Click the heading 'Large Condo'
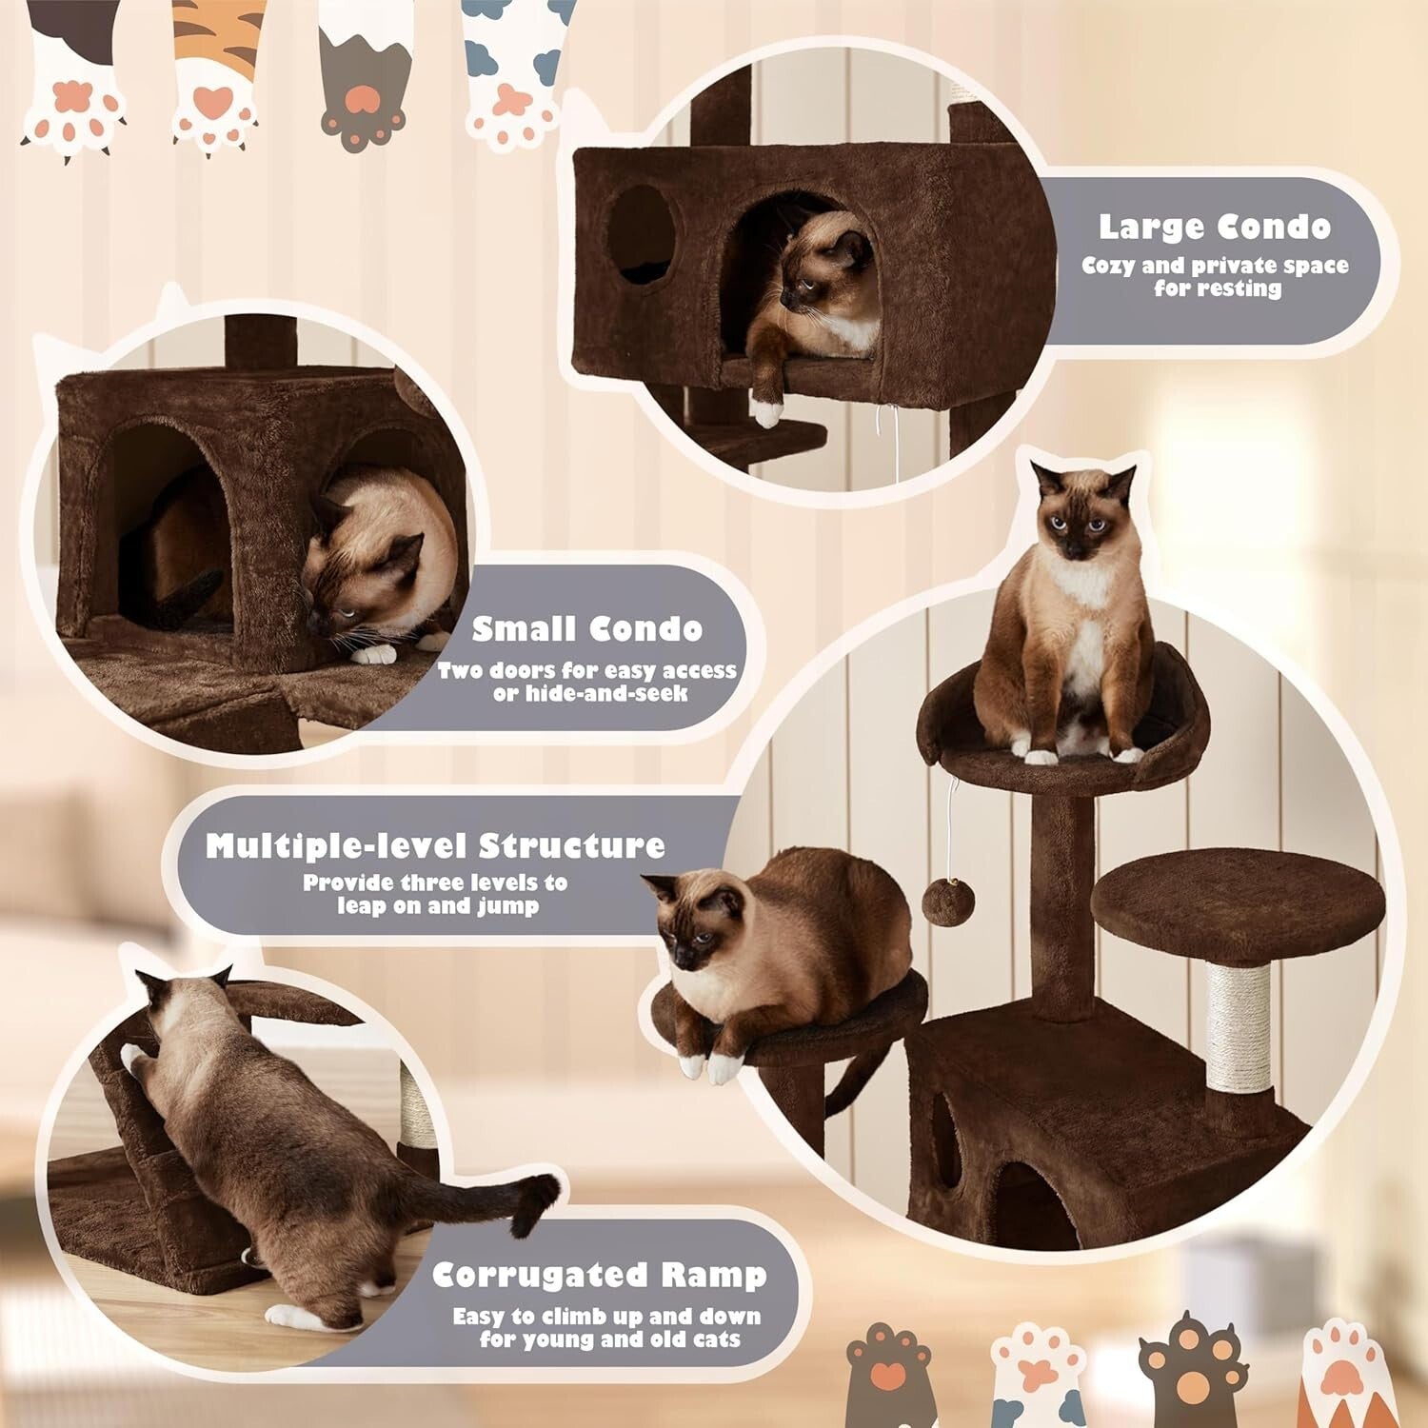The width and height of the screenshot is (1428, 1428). pos(1214,227)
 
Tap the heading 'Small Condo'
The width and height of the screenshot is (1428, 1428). pos(587,629)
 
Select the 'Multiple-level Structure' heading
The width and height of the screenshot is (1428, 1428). pos(435,845)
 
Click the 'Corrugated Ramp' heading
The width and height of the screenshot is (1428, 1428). pos(599,1275)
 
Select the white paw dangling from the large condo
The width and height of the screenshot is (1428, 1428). pos(765,410)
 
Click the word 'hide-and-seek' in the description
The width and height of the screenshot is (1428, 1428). pos(590,694)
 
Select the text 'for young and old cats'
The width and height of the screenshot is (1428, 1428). pos(609,1339)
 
